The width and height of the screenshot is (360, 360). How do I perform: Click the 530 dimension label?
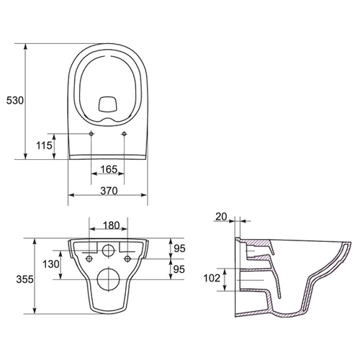tap(15, 100)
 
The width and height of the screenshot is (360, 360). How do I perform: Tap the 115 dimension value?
tap(44, 145)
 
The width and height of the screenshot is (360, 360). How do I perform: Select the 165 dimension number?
tap(109, 169)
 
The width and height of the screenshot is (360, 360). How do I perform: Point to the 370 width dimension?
tap(109, 191)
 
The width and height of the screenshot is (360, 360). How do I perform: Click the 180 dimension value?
tap(112, 225)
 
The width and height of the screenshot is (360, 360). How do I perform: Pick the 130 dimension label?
tap(50, 264)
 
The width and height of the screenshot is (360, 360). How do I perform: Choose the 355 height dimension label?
tap(24, 279)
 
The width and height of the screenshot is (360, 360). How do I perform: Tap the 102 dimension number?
tap(212, 278)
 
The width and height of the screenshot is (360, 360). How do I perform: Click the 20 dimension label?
tap(221, 217)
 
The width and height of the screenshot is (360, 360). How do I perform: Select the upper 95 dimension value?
tap(179, 248)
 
